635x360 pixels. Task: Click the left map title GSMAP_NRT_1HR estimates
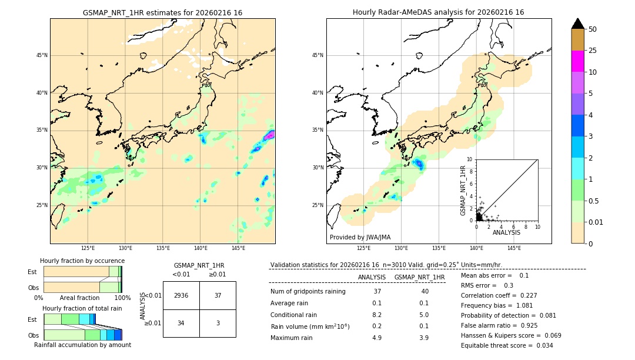[162, 12]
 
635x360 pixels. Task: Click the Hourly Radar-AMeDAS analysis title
[438, 12]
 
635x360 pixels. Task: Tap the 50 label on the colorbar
[593, 29]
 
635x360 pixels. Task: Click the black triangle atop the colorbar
[578, 24]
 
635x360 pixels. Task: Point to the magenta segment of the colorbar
[578, 61]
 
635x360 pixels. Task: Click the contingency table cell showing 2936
[181, 295]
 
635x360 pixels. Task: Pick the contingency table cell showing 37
[218, 295]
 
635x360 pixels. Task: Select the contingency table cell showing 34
[181, 323]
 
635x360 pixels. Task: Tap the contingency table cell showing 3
[218, 323]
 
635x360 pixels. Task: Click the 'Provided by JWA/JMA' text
[360, 238]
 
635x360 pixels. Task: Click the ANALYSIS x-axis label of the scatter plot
[506, 232]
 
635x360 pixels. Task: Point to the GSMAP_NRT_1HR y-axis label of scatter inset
[463, 189]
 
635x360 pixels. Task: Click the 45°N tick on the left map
[42, 55]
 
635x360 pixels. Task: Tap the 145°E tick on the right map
[514, 248]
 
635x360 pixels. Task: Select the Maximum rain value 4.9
[377, 338]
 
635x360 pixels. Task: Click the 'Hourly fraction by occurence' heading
[82, 261]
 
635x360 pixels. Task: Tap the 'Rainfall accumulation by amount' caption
[82, 345]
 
